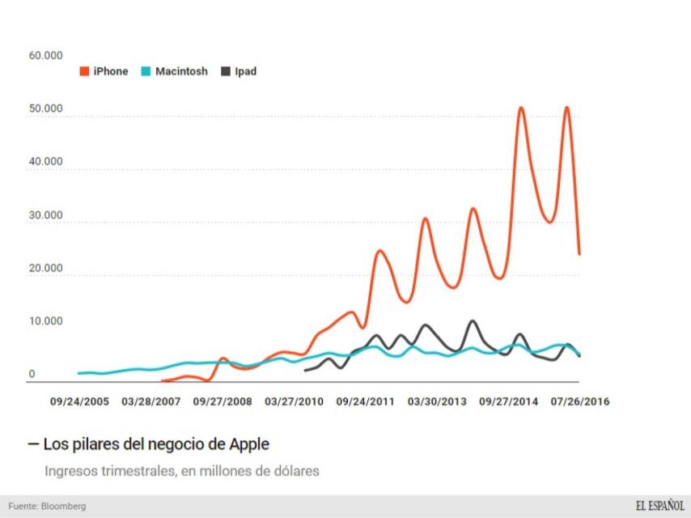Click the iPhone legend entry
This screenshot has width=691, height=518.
pyautogui.click(x=110, y=71)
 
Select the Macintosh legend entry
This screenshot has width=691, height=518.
pyautogui.click(x=180, y=71)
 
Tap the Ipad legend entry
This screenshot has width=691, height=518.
pyautogui.click(x=245, y=71)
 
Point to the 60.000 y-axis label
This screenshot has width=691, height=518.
pyautogui.click(x=45, y=56)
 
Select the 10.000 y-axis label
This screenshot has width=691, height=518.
pyautogui.click(x=45, y=321)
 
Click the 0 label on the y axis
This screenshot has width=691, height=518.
pyautogui.click(x=32, y=374)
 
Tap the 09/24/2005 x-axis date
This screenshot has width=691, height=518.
pyautogui.click(x=79, y=401)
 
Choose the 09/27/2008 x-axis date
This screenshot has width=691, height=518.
pyautogui.click(x=223, y=401)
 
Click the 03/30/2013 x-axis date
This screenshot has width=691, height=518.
pyautogui.click(x=437, y=401)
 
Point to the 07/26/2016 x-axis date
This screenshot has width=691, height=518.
pyautogui.click(x=580, y=401)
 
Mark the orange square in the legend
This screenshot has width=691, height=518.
pyautogui.click(x=84, y=71)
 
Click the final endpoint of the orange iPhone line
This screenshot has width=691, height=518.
pyautogui.click(x=579, y=254)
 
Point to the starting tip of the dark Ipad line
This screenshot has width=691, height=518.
pyautogui.click(x=304, y=370)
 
